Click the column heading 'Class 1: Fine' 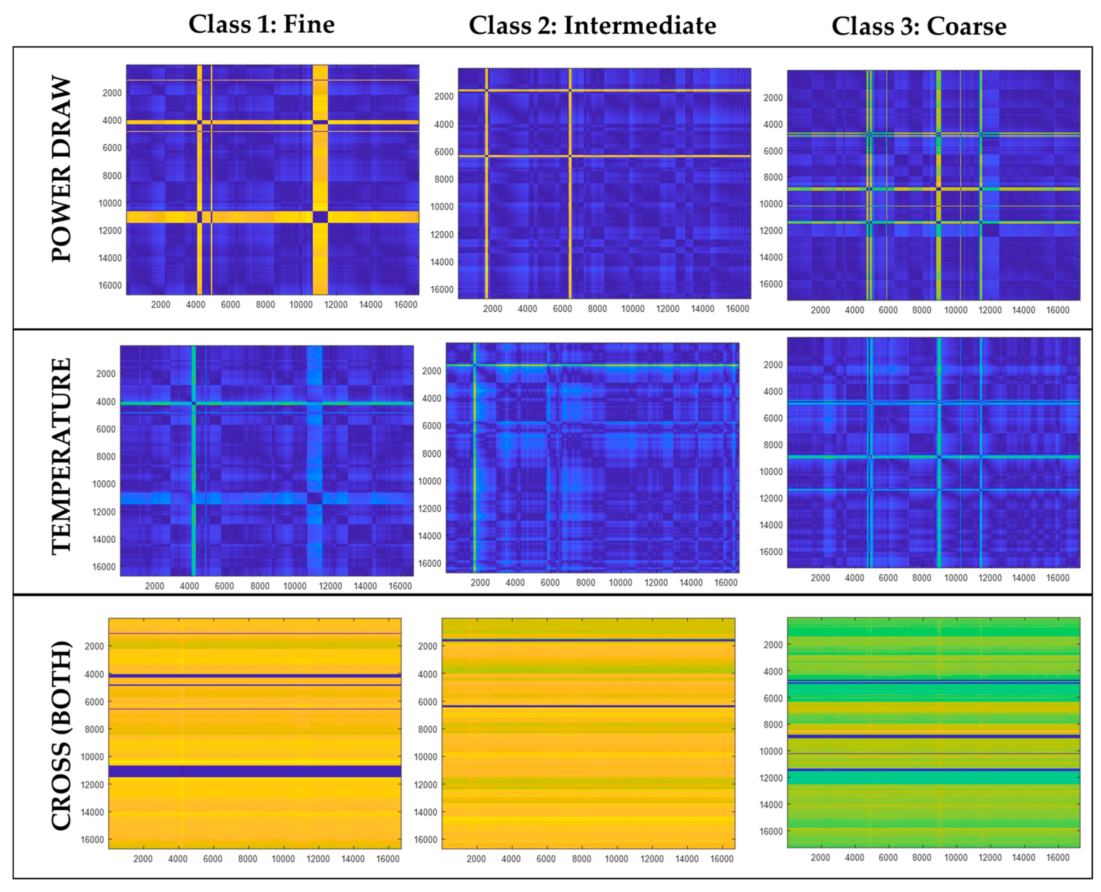(261, 25)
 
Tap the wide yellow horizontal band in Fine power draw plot (257, 217)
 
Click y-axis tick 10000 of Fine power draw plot (110, 203)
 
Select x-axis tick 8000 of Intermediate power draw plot (597, 309)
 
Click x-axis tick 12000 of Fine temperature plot (330, 586)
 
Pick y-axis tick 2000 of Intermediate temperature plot (432, 370)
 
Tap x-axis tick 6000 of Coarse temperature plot (888, 578)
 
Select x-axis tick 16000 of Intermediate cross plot (722, 859)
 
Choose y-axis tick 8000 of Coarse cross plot (773, 724)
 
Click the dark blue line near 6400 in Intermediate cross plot (588, 706)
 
